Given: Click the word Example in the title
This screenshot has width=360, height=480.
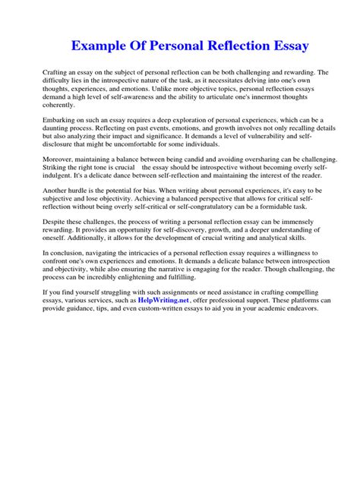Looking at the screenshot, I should point(103,46).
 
